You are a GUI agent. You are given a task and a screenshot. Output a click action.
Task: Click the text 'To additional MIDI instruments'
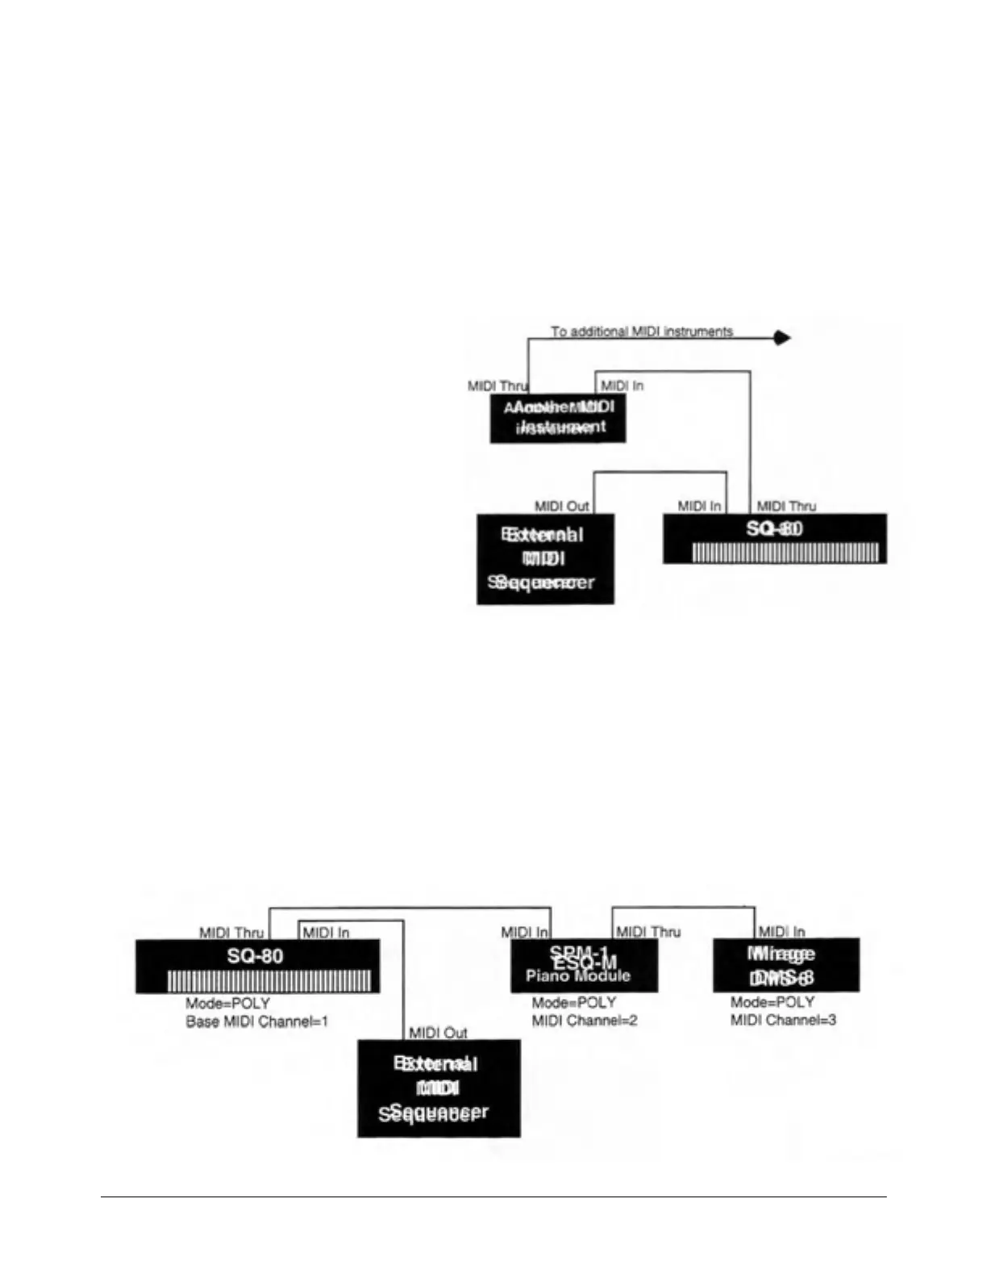tap(642, 332)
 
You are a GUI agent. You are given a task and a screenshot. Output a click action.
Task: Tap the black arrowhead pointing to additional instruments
tap(781, 338)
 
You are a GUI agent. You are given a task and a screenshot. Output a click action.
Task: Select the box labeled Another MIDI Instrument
tap(558, 418)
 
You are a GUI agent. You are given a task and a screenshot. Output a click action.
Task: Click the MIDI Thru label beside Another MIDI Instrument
tap(497, 386)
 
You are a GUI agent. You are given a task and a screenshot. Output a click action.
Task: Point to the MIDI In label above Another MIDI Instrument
tap(622, 386)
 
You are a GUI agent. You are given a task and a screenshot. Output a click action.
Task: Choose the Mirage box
tap(785, 965)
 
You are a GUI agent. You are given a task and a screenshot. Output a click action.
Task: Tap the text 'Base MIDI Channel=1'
tap(257, 1021)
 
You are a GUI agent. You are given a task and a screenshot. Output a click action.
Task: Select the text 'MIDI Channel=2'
tap(585, 1021)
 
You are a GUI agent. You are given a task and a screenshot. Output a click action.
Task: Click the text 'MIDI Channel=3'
tap(783, 1021)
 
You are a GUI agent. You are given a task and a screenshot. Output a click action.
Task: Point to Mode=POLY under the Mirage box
tap(773, 1002)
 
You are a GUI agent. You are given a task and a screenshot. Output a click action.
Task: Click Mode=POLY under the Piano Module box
tap(574, 1002)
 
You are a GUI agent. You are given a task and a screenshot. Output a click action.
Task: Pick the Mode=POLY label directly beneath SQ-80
tap(227, 1004)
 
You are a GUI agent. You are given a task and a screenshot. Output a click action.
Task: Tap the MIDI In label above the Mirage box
tap(781, 932)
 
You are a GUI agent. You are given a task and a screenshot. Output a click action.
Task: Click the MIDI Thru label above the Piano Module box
tap(648, 932)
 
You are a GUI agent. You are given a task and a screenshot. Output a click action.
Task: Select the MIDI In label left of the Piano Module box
tap(525, 933)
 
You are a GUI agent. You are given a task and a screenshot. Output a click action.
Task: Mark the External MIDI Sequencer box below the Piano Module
tap(439, 1088)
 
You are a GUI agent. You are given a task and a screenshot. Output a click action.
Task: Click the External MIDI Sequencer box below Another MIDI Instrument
tap(545, 558)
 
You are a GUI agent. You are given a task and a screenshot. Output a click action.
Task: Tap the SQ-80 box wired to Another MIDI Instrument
tap(774, 538)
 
